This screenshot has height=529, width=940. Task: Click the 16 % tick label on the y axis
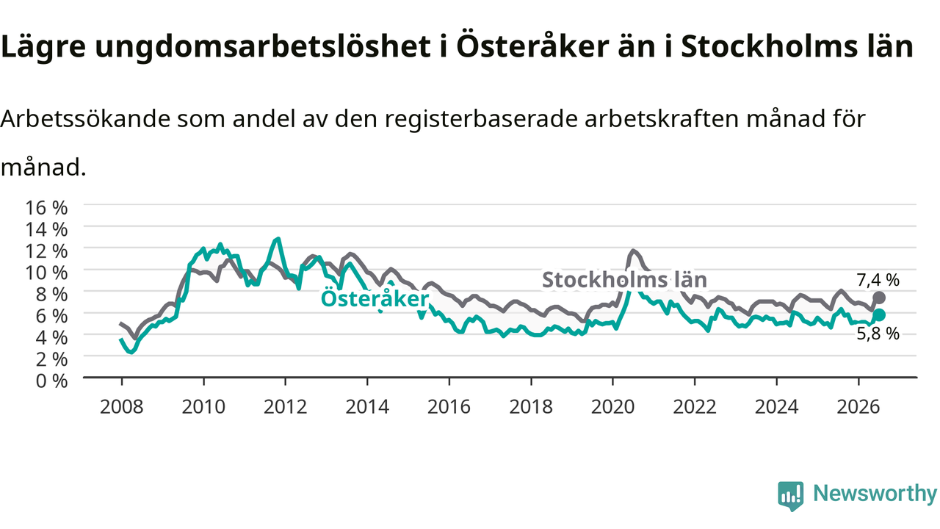click(x=46, y=207)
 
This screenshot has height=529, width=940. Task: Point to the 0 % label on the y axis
click(x=51, y=381)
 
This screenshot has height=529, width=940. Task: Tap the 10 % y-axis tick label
click(x=46, y=273)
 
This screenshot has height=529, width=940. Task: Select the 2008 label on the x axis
click(x=122, y=407)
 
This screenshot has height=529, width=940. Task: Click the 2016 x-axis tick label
click(x=449, y=407)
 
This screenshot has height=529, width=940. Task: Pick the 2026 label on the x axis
click(x=858, y=407)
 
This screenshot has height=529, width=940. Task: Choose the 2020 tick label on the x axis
click(x=612, y=407)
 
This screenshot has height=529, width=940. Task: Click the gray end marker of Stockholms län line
click(x=879, y=298)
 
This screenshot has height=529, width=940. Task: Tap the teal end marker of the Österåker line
click(x=879, y=315)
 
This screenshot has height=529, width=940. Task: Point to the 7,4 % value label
click(x=878, y=280)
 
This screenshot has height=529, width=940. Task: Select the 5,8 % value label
click(x=878, y=334)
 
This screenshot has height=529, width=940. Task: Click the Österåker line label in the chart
click(x=375, y=298)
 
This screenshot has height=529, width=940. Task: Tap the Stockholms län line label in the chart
click(x=624, y=280)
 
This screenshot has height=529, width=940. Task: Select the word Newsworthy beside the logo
click(x=875, y=494)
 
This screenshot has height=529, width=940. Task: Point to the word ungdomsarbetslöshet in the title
click(x=263, y=46)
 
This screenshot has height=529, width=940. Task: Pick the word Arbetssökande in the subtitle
click(x=86, y=119)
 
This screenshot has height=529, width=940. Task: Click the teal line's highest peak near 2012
click(x=278, y=239)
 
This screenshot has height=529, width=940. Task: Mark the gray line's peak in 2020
click(x=633, y=251)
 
